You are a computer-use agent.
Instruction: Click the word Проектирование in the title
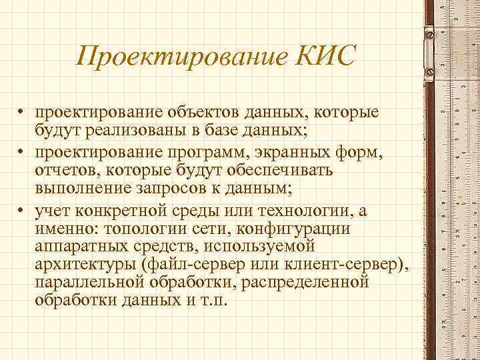tap(181, 56)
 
